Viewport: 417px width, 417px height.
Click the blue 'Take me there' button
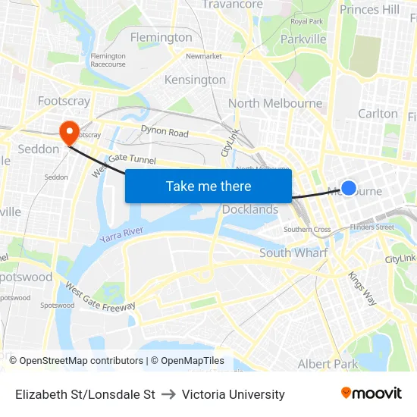point(208,186)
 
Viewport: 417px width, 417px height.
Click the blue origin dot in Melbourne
point(349,187)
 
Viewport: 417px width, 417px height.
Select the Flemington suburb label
point(161,37)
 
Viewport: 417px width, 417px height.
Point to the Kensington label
point(195,80)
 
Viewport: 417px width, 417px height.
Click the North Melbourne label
point(274,103)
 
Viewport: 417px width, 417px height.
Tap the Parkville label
point(303,39)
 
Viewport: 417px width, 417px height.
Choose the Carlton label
point(378,114)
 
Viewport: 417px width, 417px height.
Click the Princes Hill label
point(369,9)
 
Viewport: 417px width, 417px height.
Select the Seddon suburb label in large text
point(38,149)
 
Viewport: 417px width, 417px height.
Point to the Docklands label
point(250,209)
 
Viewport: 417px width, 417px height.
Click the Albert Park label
point(328,364)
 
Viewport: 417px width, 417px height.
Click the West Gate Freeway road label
point(100,296)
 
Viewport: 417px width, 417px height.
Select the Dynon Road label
point(165,132)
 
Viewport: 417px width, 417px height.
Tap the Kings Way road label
point(362,288)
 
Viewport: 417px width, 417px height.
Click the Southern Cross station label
point(307,229)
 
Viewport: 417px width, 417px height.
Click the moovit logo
point(372,393)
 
